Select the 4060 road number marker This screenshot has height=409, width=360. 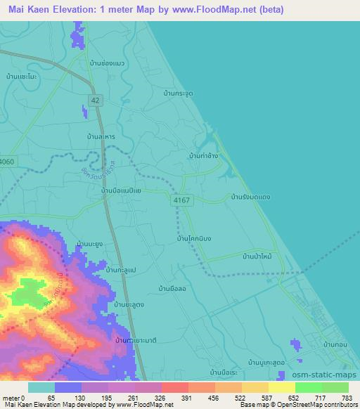(x=6, y=162)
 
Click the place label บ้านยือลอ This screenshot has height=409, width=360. (x=172, y=289)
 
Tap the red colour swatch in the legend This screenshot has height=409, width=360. (x=174, y=387)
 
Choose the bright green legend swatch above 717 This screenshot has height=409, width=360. (x=309, y=387)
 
